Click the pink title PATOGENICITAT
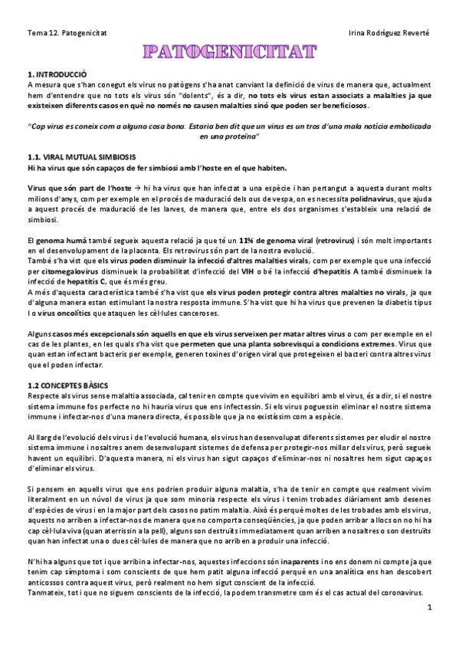[229, 52]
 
